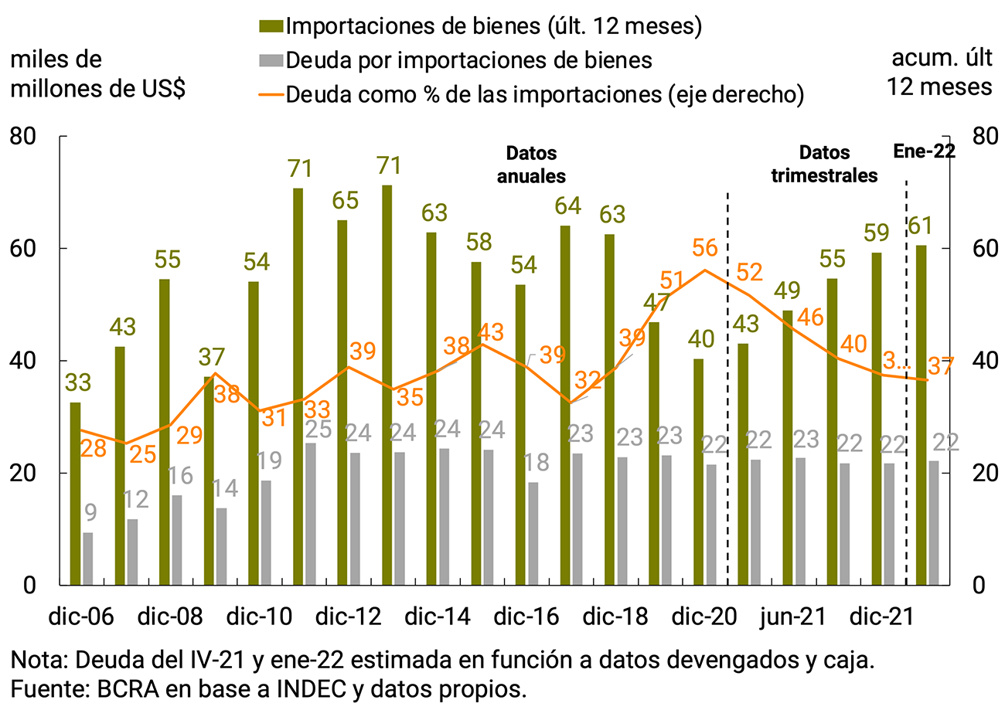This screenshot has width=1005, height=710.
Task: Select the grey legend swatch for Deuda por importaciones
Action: (x=271, y=60)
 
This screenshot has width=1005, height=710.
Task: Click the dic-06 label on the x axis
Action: (x=82, y=618)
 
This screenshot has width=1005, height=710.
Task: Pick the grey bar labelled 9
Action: (x=88, y=558)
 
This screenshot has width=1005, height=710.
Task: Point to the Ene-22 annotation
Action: (x=925, y=151)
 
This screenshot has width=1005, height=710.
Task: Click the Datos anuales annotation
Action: (x=531, y=164)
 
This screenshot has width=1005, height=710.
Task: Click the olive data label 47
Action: (x=657, y=303)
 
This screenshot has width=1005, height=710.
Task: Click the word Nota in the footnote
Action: (x=36, y=661)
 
